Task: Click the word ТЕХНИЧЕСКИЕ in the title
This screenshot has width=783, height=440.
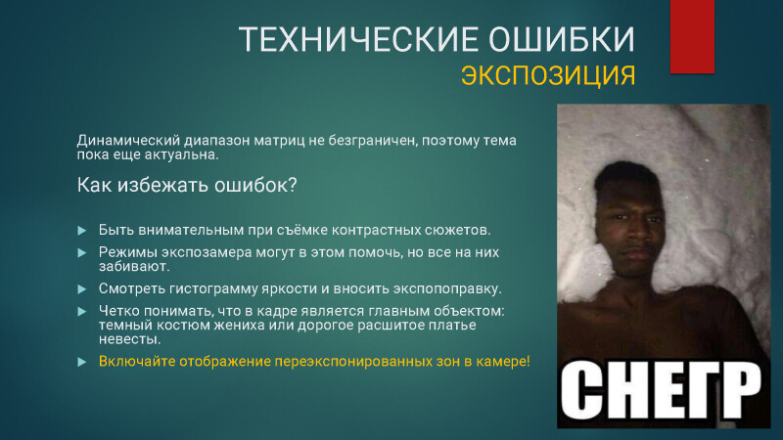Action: pos(357,39)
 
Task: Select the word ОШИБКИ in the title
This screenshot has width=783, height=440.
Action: pos(561,39)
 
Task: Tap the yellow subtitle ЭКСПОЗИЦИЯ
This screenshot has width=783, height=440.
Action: pos(548,76)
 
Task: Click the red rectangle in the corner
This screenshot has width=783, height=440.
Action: pos(692,36)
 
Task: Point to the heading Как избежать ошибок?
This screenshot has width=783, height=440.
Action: pos(187,185)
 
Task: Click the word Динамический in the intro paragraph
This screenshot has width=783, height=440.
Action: pos(128,141)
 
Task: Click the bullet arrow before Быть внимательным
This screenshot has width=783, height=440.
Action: pos(82,231)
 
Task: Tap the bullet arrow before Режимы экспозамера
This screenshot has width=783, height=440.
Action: pos(82,253)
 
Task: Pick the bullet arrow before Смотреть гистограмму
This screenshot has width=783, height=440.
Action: pos(82,289)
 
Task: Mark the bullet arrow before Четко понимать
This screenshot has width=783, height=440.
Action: pos(82,312)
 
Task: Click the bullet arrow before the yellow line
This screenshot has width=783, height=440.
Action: pos(82,362)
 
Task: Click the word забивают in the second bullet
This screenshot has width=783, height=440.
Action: pos(134,266)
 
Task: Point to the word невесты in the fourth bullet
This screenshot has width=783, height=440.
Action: pos(129,339)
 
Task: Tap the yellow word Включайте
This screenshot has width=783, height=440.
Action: pos(137,361)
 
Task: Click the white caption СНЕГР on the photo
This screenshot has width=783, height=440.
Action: pos(662,392)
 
